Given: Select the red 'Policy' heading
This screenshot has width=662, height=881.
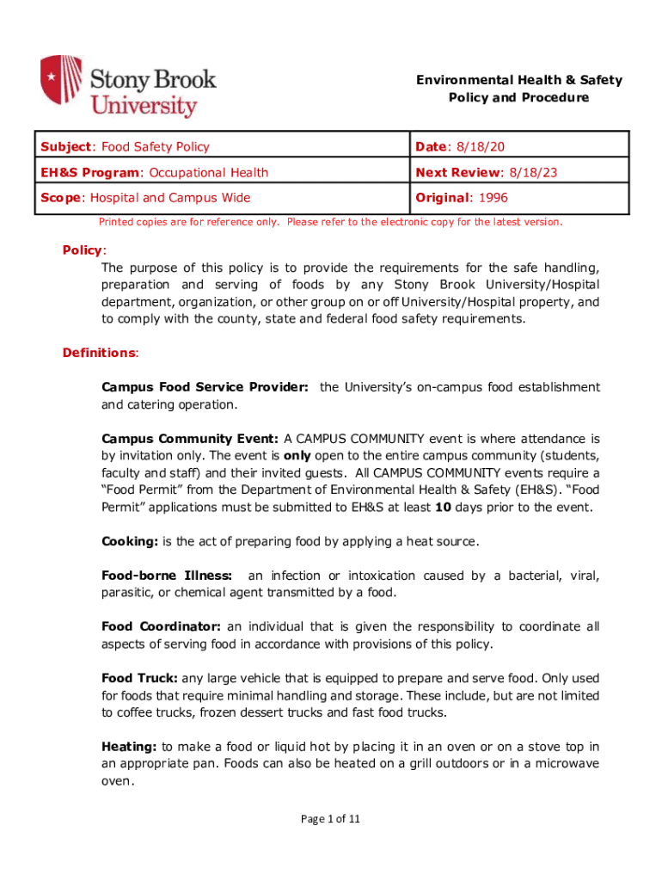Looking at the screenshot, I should point(83,250).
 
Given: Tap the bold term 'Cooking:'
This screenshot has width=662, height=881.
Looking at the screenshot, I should point(129,541).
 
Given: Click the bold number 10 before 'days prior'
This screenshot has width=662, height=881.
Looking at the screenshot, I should point(443,507).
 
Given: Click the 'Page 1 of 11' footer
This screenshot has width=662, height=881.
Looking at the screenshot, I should point(330,818).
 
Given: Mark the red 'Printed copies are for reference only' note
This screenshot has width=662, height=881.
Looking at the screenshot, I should point(331,222).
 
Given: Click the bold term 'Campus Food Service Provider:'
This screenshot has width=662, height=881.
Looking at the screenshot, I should point(205,387).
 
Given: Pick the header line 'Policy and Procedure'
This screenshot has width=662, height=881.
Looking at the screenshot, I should point(518,97).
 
